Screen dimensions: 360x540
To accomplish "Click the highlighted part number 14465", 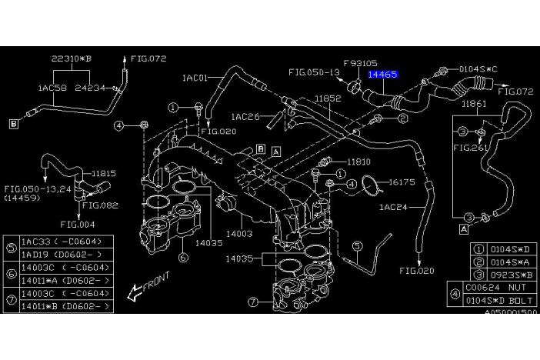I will [x=382, y=75].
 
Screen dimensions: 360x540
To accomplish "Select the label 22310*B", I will [x=71, y=58].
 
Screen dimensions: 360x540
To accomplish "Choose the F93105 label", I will [x=359, y=63].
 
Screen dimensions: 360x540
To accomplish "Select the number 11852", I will [x=328, y=99].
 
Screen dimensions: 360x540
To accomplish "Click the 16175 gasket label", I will [x=402, y=183].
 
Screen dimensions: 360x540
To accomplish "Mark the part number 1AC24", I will [x=393, y=207].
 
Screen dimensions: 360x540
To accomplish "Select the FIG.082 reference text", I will [x=101, y=205].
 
